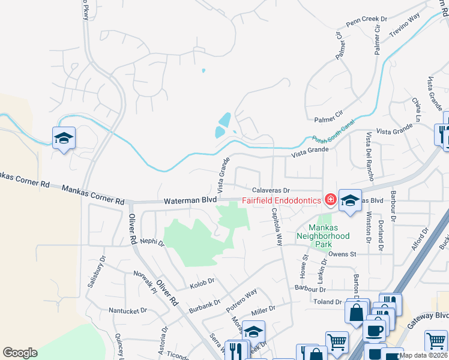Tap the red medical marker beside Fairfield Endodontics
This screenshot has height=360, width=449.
click(x=330, y=199)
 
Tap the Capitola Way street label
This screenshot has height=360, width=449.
click(x=276, y=227)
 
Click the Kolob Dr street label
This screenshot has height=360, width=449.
click(x=202, y=283)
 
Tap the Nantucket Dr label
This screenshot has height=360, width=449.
click(x=127, y=311)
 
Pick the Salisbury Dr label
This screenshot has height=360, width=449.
click(x=94, y=273)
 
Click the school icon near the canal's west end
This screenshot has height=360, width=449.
click(x=64, y=139)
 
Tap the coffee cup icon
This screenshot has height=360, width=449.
click(x=374, y=330)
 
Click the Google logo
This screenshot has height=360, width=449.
click(x=20, y=353)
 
